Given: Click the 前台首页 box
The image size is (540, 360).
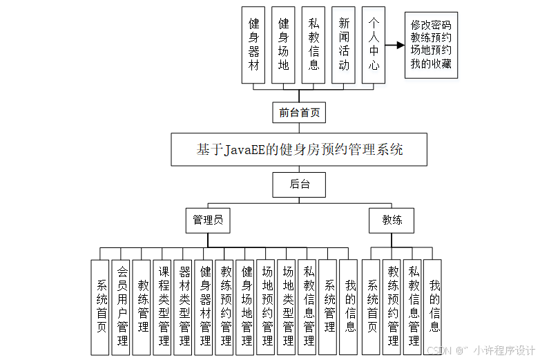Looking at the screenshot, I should [x=298, y=112].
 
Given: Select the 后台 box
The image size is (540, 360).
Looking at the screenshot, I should [x=298, y=184].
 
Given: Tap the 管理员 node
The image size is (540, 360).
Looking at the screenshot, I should [x=208, y=220].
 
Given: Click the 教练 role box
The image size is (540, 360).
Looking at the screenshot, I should [x=392, y=220].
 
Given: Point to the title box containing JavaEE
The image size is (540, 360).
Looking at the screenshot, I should [x=299, y=149].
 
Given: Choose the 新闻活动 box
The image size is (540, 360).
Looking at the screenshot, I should [x=344, y=45].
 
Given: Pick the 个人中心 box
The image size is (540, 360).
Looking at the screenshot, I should [x=374, y=45].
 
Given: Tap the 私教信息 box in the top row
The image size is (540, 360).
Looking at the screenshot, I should [x=314, y=45].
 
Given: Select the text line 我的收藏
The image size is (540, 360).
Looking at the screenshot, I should [x=431, y=64].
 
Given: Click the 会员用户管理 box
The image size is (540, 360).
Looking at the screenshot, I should [x=122, y=307].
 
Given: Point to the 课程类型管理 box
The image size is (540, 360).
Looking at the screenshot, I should [x=163, y=307].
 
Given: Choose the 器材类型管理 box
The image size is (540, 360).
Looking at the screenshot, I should [x=184, y=307].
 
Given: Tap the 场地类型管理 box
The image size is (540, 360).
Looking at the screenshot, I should [x=288, y=307].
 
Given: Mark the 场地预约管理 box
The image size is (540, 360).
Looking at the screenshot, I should [x=267, y=307].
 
